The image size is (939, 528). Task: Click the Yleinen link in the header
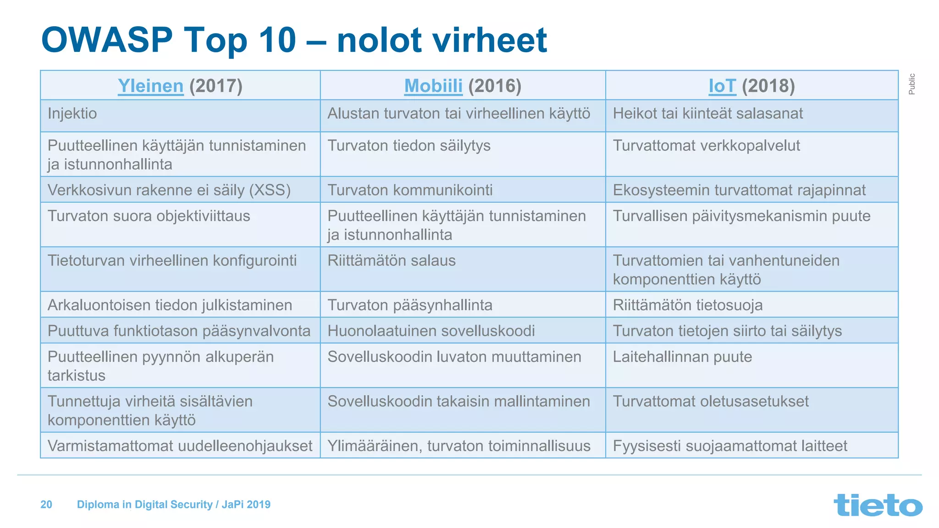(x=150, y=86)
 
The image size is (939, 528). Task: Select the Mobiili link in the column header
(x=433, y=86)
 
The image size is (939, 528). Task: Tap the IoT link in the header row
(x=722, y=86)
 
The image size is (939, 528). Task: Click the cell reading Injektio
(x=72, y=114)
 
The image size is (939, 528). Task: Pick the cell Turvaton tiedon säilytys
(x=409, y=146)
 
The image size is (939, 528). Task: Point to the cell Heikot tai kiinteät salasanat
(x=707, y=114)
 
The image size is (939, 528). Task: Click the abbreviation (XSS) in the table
(x=270, y=190)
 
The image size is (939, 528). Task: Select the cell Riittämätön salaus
(x=391, y=261)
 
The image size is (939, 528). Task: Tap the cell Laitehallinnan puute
(x=682, y=357)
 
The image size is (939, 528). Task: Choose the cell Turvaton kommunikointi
(x=410, y=190)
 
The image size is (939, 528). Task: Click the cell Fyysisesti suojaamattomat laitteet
(x=730, y=446)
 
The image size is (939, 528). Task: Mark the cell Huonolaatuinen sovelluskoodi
(x=431, y=331)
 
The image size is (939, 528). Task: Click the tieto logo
(x=878, y=505)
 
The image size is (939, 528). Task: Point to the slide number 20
(x=46, y=505)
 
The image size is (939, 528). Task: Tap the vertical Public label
(x=911, y=84)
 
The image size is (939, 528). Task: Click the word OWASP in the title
(x=107, y=40)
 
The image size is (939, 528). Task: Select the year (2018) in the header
(x=768, y=86)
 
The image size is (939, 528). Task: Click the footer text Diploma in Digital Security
(x=144, y=505)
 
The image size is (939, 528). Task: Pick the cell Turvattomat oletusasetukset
(x=710, y=401)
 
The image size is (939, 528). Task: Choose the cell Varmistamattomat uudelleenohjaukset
(x=180, y=446)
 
